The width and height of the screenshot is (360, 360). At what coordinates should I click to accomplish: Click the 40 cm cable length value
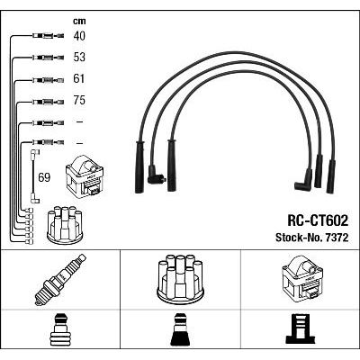(x=79, y=36)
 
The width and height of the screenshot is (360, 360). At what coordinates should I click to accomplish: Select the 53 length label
(x=79, y=57)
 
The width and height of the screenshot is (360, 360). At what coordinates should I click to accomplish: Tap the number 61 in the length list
(x=78, y=78)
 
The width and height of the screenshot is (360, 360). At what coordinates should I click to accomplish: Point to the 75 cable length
(x=79, y=100)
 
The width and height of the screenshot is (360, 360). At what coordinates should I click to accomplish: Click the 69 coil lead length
(x=44, y=177)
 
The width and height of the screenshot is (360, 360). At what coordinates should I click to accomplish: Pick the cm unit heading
(x=79, y=21)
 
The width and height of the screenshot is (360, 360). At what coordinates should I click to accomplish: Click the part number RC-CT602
(x=318, y=221)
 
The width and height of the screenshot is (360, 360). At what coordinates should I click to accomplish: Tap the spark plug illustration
(x=60, y=280)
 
